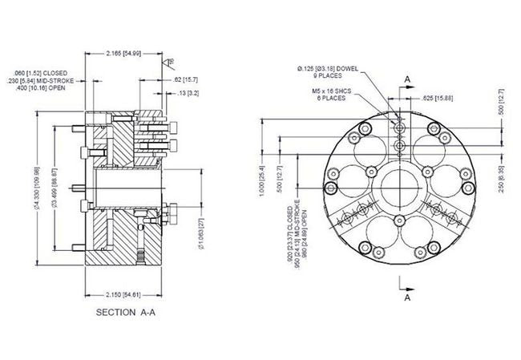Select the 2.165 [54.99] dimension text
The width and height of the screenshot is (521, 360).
(x=123, y=53)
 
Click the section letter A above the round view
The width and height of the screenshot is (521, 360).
(x=409, y=79)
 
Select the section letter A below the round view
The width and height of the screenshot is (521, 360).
(x=409, y=296)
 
